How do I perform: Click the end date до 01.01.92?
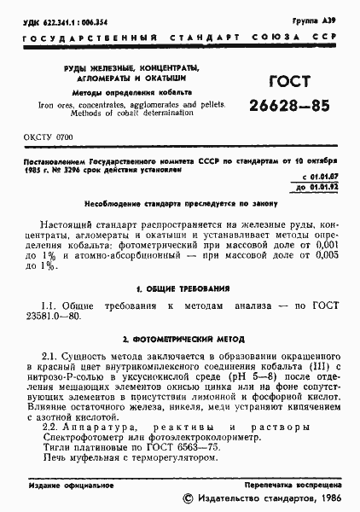click(x=313, y=185)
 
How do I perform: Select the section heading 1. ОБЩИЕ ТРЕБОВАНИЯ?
click(x=181, y=289)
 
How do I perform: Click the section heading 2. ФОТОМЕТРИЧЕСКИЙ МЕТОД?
click(x=180, y=340)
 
